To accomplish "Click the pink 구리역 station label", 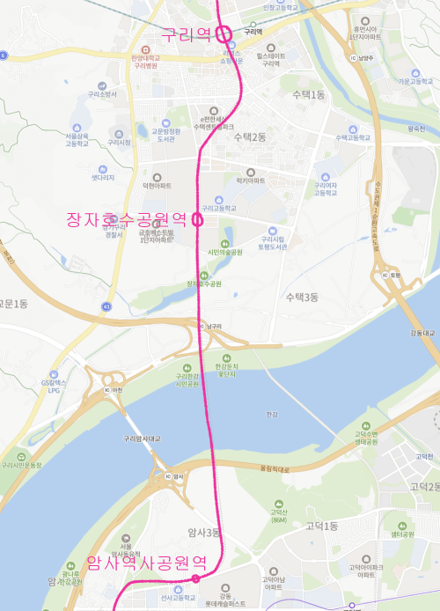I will [186, 34].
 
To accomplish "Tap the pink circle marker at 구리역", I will [224, 34].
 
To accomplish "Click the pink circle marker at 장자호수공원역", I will [197, 220].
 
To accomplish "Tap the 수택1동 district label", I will [309, 93].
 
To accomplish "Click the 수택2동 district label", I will [250, 136].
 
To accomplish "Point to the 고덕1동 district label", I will [321, 526].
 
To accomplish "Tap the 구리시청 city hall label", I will [119, 142].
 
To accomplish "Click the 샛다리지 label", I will [104, 177].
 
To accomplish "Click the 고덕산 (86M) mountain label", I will [280, 515].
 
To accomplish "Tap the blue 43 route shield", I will [106, 305].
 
